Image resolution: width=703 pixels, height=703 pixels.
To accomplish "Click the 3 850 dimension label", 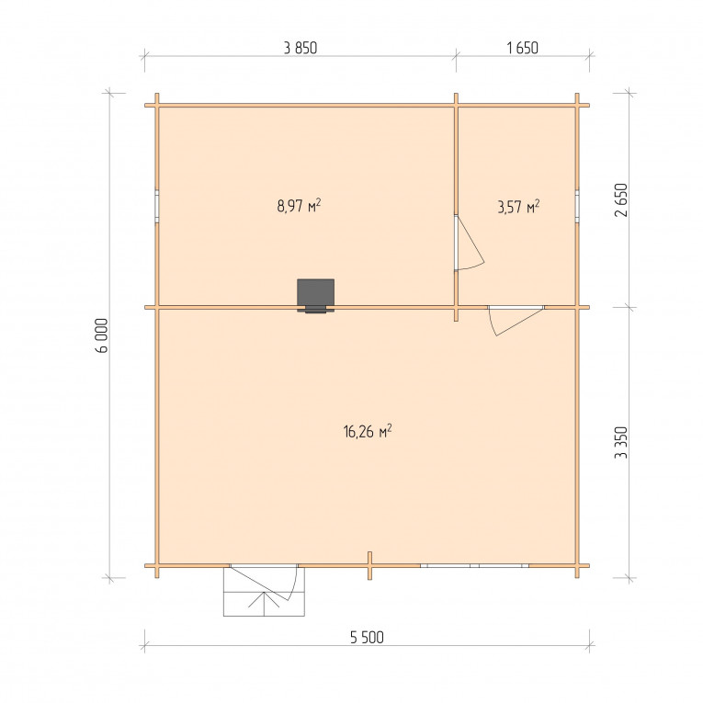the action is point(300,48).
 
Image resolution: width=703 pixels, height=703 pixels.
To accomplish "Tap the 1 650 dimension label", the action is point(522,48).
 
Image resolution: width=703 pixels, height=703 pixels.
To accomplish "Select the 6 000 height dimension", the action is point(102,335).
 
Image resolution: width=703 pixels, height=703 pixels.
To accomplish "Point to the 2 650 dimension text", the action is point(621,200).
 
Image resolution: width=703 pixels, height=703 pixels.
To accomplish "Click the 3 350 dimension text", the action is point(621,443).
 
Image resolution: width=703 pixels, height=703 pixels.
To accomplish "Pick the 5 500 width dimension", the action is point(367,637).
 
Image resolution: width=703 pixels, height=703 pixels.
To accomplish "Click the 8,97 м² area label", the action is point(299,206).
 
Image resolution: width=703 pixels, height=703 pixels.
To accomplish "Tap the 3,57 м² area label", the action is point(518,207).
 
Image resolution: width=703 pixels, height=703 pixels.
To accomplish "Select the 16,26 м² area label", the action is point(368,431).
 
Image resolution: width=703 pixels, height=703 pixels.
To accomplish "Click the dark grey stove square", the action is point(315,293).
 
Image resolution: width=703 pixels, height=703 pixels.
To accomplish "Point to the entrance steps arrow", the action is point(264,603).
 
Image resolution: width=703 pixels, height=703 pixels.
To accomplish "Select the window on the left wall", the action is point(157,206).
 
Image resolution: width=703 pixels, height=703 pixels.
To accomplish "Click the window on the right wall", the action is point(577,206).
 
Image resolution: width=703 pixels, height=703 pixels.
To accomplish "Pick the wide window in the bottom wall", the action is point(475,566).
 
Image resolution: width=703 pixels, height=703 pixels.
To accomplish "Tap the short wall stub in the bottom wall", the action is point(370,565).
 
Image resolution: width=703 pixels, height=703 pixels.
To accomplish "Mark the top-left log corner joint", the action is point(157,106).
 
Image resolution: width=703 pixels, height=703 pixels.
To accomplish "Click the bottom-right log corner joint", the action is point(577,566).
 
